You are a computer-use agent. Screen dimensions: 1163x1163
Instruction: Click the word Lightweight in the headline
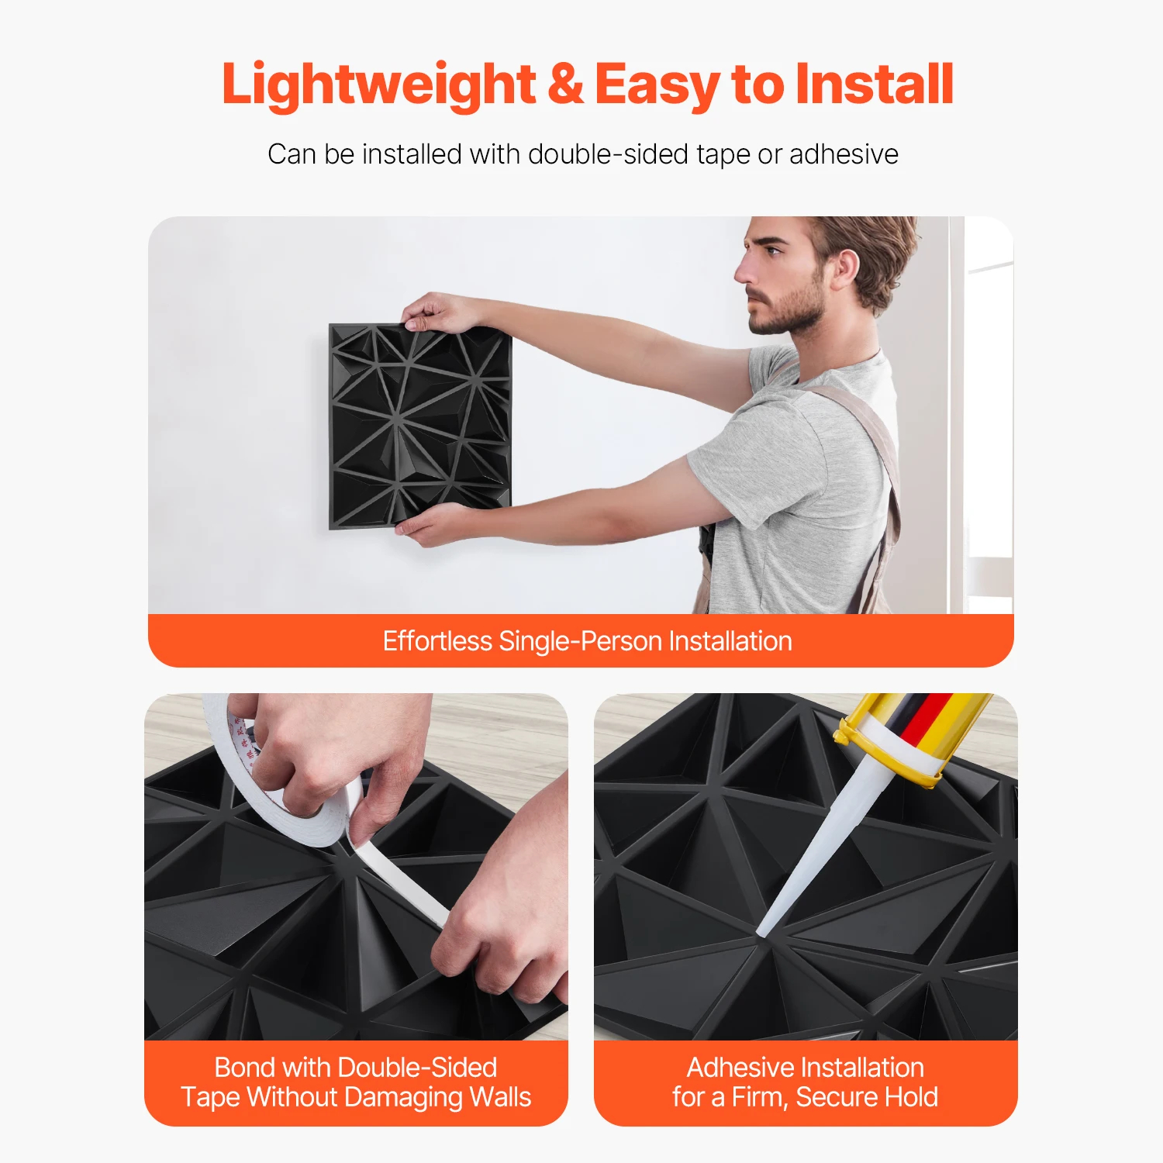pos(378,85)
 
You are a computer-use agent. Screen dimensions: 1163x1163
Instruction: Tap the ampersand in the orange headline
pos(565,84)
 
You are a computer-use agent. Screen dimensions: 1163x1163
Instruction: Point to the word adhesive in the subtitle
pos(844,154)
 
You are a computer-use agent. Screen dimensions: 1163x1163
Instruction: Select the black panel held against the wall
pos(420,426)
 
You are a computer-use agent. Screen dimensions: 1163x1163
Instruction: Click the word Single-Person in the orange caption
pos(580,642)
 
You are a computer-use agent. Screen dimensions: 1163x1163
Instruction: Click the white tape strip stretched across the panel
pos(399,884)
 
